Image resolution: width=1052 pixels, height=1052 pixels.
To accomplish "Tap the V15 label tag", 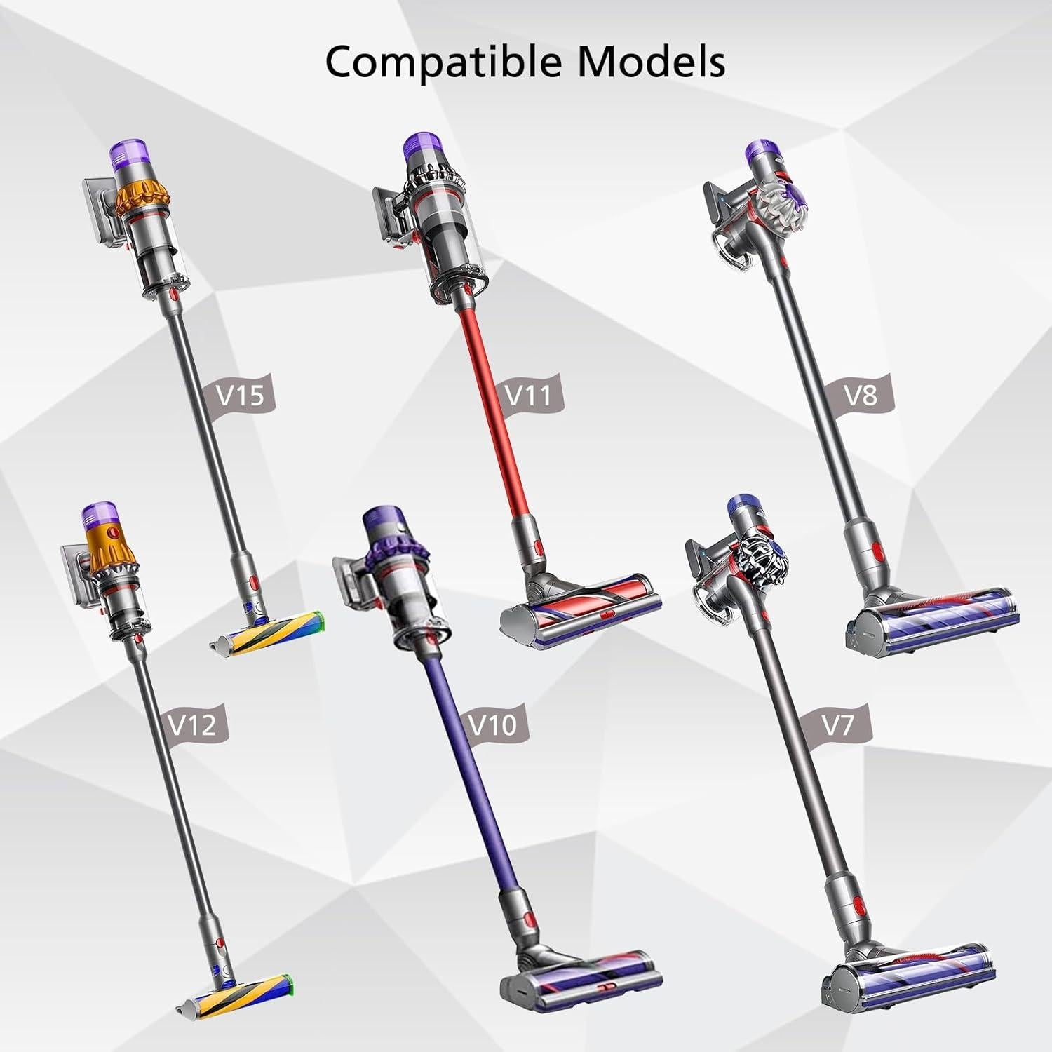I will click(241, 396).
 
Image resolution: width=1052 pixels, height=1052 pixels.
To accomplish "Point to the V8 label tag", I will click(861, 395).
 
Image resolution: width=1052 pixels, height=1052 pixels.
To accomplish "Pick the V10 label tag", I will click(492, 724).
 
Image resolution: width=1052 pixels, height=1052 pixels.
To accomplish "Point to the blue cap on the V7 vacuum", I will click(742, 506).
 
